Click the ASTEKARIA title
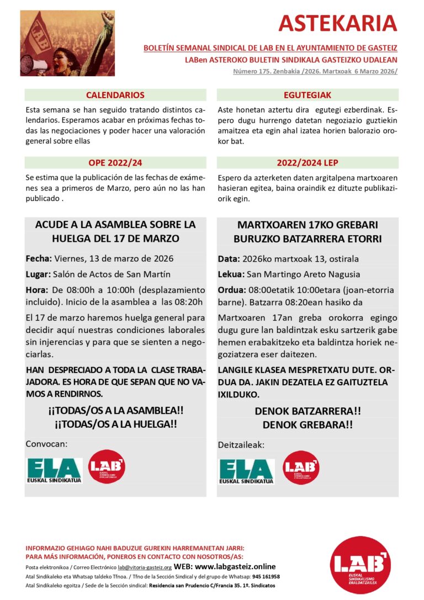(338, 23)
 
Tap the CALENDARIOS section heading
(115, 95)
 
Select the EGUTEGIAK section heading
(308, 95)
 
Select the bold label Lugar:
(38, 274)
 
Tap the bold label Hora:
(36, 290)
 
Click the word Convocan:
(46, 444)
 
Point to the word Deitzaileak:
(241, 444)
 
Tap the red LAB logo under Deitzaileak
(301, 468)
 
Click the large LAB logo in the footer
(360, 564)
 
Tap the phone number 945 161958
(267, 576)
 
